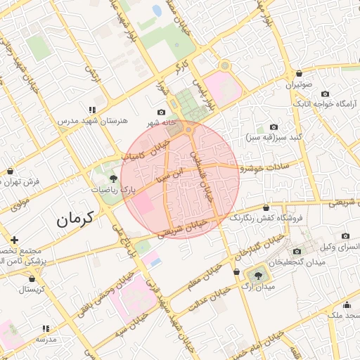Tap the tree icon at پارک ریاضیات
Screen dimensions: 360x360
[114, 179]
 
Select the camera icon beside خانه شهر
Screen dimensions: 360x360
[162, 112]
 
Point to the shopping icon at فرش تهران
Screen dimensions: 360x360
[10, 171]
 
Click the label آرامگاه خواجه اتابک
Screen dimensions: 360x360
[326, 104]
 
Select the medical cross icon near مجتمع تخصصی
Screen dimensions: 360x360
[13, 240]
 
